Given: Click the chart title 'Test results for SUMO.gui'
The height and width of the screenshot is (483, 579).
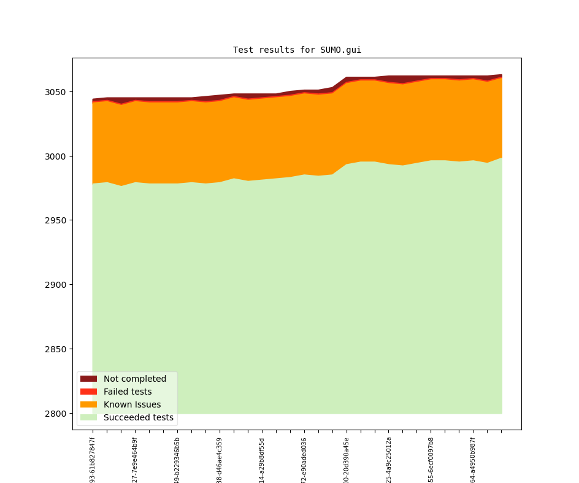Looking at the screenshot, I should tap(297, 50).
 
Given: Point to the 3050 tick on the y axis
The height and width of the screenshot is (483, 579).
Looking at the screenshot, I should tap(57, 92).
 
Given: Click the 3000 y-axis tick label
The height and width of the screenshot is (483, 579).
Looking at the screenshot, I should tap(57, 156).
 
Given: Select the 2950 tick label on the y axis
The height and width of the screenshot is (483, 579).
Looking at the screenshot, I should tap(57, 220).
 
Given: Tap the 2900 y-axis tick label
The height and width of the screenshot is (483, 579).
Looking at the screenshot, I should tap(57, 285).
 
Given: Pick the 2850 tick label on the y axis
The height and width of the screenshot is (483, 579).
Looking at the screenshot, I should tap(57, 349).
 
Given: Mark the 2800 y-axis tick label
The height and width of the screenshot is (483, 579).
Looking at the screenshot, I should tap(57, 414).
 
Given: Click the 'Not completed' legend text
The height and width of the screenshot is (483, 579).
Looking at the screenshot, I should tap(135, 379).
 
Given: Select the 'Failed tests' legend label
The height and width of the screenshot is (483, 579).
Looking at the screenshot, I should tap(128, 392).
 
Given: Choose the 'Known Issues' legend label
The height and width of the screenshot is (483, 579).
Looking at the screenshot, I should tap(132, 404).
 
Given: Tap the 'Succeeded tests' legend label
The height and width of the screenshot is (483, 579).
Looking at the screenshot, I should tap(139, 417).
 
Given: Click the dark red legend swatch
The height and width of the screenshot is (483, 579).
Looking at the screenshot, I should tap(88, 379).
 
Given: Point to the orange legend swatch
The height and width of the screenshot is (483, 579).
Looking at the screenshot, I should tap(88, 404).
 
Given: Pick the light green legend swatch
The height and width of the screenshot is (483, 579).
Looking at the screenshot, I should tap(88, 417).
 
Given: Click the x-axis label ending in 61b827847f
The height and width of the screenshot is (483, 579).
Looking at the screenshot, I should tap(93, 460).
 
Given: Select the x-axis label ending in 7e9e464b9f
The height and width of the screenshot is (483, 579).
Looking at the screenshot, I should tap(135, 460).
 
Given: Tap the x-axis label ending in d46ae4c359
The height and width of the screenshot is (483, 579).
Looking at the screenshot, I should tap(220, 460).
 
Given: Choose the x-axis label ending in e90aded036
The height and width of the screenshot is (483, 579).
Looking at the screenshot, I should tap(304, 460).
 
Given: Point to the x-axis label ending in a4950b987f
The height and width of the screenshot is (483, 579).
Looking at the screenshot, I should tap(473, 460).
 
